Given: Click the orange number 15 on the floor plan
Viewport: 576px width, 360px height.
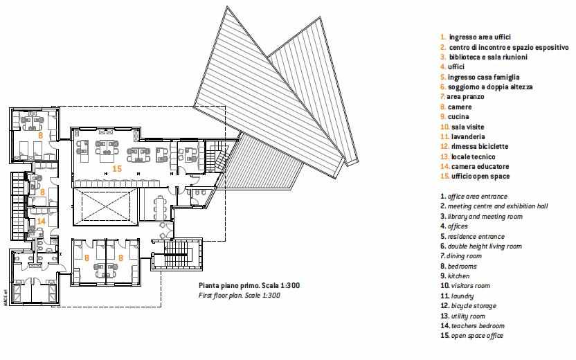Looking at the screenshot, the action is (x=117, y=169).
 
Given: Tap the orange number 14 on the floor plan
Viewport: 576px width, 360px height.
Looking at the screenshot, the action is (x=41, y=221).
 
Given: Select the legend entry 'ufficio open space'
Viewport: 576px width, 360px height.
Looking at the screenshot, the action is (x=480, y=177).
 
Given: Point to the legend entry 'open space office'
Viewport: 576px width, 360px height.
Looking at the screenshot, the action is (x=477, y=335).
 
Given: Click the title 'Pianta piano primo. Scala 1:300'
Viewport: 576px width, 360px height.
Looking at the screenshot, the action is (x=249, y=285).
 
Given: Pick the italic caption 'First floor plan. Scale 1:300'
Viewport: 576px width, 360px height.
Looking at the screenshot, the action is (x=239, y=296).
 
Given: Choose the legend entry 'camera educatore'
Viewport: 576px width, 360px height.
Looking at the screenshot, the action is (x=480, y=166).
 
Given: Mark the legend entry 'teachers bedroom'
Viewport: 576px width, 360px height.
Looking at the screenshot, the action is (x=478, y=326).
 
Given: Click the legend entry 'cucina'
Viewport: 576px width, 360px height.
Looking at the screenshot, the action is (x=458, y=116).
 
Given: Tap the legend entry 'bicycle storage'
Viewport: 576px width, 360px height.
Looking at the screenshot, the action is (x=474, y=305).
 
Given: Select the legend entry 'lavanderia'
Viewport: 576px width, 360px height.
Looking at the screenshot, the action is (x=467, y=136).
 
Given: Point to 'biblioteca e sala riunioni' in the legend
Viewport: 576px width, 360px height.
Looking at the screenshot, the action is (x=488, y=57).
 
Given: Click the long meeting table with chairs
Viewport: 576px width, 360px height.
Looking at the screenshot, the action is (x=160, y=208).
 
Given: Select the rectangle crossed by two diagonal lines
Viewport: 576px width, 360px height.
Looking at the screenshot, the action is (x=105, y=206).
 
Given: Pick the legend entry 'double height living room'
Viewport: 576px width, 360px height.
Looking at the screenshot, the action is (x=485, y=246).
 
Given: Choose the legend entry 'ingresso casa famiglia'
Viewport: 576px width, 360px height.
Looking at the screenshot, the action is (x=483, y=77).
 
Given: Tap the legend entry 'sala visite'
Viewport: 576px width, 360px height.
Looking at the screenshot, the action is (x=467, y=127).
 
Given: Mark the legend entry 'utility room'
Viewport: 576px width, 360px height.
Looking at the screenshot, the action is (x=468, y=316).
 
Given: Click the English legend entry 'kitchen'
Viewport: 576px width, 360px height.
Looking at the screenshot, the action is (x=458, y=276).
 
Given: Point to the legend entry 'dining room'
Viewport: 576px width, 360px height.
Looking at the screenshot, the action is (x=464, y=256).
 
